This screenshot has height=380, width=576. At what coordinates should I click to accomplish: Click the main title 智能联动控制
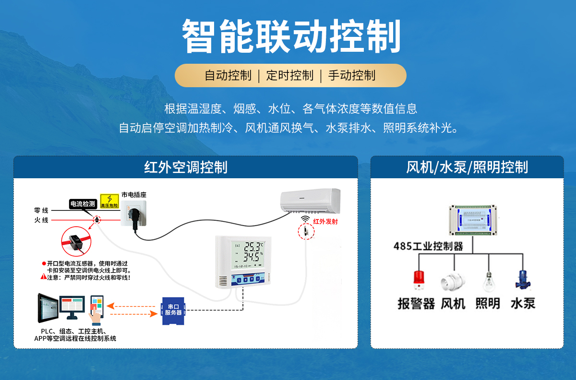tap(291, 36)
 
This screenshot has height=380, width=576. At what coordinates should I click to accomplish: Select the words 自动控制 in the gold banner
tap(228, 75)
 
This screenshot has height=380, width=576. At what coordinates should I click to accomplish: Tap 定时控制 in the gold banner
tap(290, 75)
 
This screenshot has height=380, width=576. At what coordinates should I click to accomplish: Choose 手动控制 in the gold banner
tap(352, 75)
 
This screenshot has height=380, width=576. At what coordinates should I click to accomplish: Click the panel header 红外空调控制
tap(185, 167)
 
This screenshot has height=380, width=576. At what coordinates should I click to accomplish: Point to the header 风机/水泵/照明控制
tap(467, 167)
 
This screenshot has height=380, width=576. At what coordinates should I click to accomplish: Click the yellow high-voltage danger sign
tap(109, 201)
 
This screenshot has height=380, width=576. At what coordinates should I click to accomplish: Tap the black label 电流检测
tap(83, 204)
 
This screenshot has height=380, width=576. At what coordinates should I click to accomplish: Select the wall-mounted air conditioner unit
tap(310, 200)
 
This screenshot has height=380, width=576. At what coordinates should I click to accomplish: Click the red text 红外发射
tap(325, 221)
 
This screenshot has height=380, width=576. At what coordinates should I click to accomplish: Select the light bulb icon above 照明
tap(488, 281)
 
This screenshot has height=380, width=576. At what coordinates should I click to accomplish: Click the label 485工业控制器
tap(428, 246)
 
